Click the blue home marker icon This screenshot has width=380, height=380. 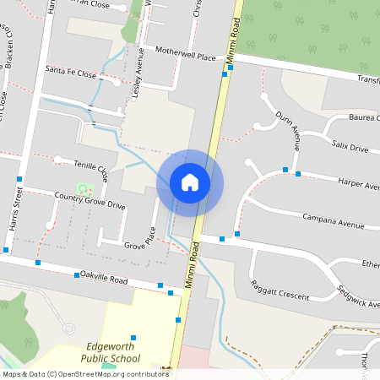(190, 182)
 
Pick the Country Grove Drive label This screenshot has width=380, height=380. (90, 201)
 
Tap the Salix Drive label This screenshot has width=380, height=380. (350, 147)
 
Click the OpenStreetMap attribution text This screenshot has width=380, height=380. (85, 373)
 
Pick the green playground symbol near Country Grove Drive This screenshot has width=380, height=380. (83, 188)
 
